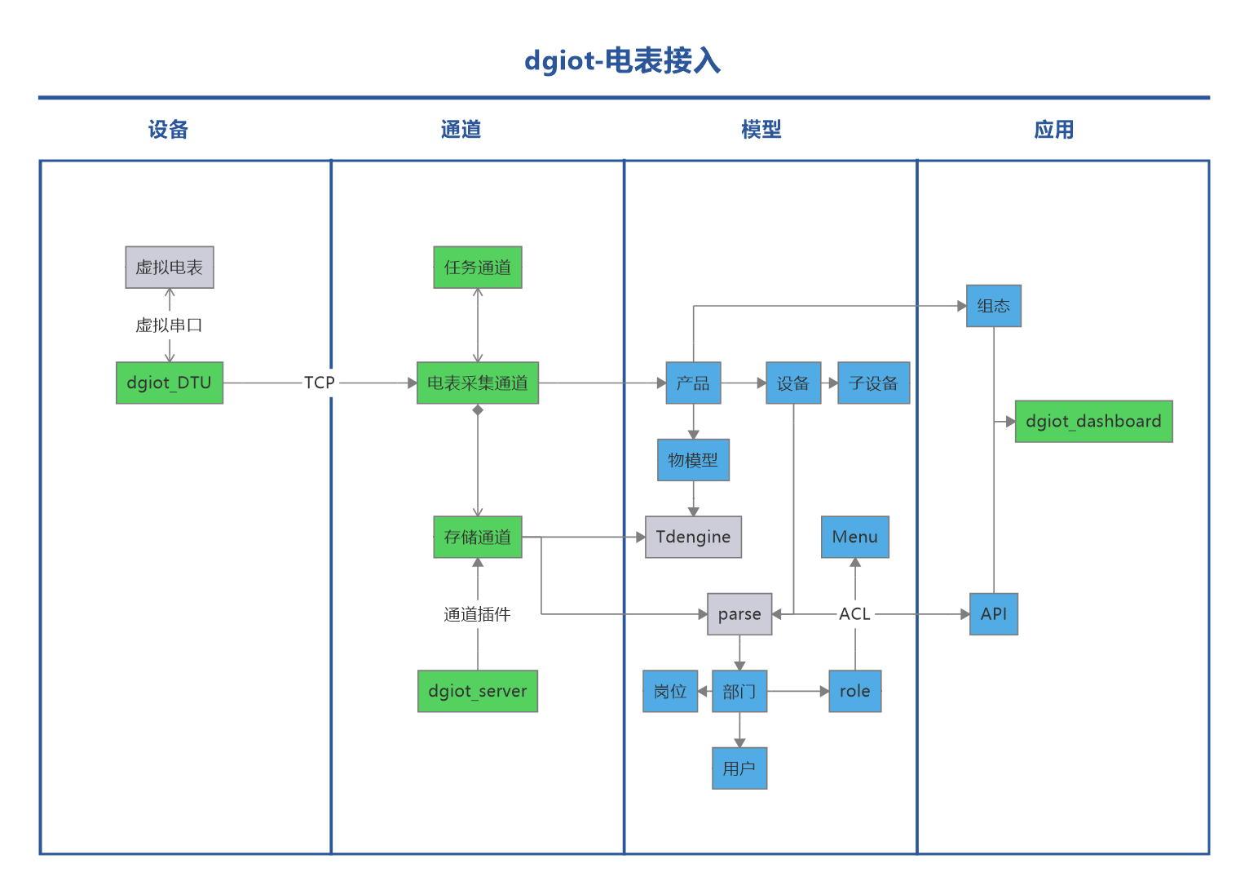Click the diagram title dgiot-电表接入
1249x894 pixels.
622,61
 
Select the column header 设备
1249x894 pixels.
168,130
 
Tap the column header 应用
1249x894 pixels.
1053,130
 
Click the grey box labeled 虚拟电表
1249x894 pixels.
170,268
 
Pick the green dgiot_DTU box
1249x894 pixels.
170,383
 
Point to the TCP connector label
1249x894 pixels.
319,383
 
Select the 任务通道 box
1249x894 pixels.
477,268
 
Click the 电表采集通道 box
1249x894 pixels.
477,383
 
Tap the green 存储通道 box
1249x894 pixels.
477,537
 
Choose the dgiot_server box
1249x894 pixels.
477,691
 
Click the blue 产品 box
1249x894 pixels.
693,383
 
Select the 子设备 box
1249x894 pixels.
873,383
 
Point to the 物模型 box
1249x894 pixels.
693,460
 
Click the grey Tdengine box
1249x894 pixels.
693,537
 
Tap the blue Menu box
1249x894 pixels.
854,537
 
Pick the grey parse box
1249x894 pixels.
739,614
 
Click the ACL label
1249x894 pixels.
854,614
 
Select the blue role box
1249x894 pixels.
854,691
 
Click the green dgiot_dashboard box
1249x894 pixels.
1093,421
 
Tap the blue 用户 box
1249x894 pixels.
739,768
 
